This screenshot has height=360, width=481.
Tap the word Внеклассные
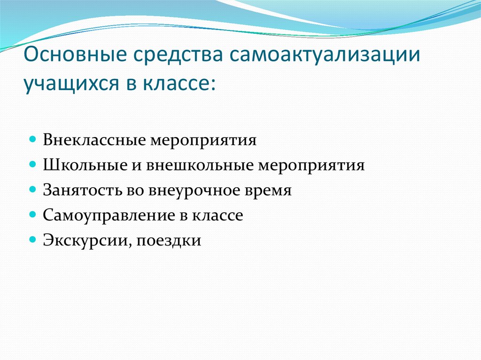94,140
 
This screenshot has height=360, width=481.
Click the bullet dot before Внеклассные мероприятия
32,140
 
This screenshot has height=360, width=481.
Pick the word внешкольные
196,166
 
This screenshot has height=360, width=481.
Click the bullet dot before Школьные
32,166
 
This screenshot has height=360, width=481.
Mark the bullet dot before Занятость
32,191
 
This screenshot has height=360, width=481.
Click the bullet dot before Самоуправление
32,215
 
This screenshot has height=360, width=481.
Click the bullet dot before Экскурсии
32,241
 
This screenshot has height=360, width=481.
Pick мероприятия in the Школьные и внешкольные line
311,166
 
